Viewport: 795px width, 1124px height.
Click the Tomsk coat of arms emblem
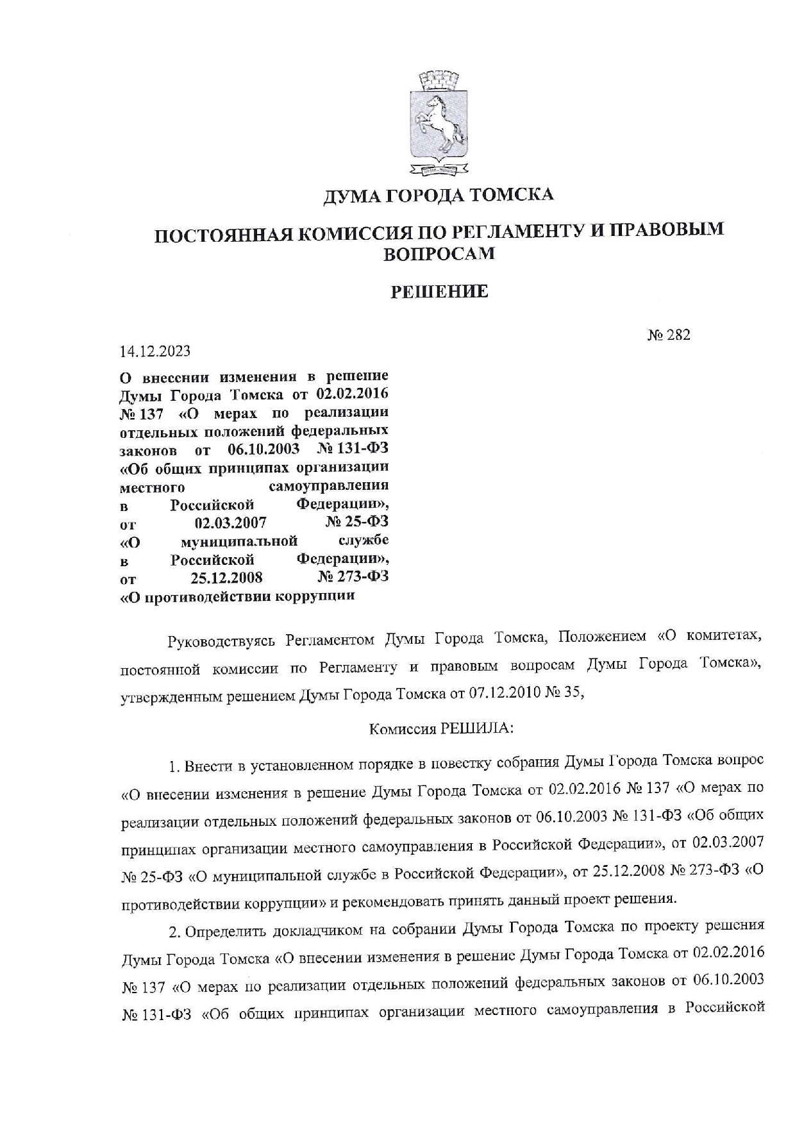[439, 124]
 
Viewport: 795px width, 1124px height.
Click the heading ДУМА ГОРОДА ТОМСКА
[439, 195]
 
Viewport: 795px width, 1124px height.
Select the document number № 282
[668, 335]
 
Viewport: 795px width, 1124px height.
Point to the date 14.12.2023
[155, 352]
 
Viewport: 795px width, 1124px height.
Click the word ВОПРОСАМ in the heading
[439, 254]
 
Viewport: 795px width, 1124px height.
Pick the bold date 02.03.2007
[231, 523]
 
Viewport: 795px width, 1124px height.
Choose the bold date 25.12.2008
[227, 578]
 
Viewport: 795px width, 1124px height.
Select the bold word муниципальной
[239, 542]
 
